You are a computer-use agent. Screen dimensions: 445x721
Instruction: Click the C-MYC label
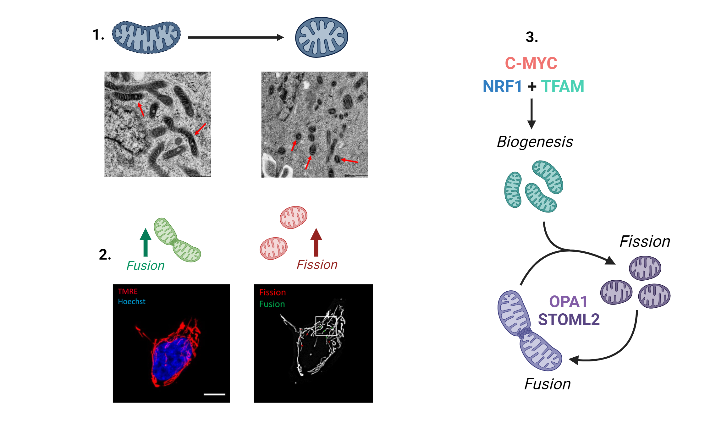(x=531, y=63)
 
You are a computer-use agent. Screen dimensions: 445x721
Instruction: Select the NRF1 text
(x=502, y=86)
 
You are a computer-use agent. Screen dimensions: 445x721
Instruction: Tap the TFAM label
(x=562, y=86)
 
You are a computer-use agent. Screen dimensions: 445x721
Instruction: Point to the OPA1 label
(x=568, y=302)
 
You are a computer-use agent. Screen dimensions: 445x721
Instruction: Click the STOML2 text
(x=569, y=320)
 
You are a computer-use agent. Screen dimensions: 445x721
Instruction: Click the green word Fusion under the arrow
(x=145, y=266)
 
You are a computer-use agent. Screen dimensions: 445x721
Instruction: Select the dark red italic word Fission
(x=317, y=265)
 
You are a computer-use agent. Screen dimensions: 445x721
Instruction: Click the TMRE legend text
(x=128, y=291)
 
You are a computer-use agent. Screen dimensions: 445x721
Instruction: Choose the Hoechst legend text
(x=131, y=302)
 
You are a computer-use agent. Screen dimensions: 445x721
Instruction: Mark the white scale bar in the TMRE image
(x=214, y=394)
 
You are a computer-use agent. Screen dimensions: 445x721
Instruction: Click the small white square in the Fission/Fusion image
(x=326, y=326)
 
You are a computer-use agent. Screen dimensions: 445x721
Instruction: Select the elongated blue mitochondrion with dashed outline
(x=146, y=37)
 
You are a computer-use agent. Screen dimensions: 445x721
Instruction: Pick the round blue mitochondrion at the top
(x=321, y=37)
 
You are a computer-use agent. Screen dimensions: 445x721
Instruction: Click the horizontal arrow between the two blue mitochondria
(x=236, y=37)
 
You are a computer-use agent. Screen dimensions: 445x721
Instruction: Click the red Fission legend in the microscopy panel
(x=272, y=292)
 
